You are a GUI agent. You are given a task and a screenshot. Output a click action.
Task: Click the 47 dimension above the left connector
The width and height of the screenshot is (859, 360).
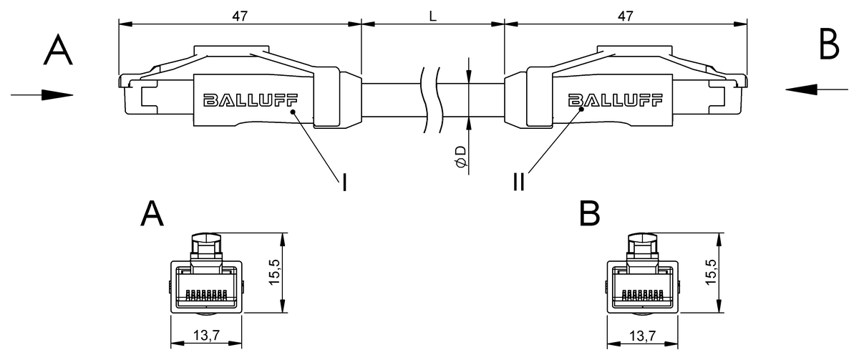[241, 16]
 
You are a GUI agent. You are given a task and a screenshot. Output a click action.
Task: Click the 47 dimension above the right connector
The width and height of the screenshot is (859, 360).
[625, 16]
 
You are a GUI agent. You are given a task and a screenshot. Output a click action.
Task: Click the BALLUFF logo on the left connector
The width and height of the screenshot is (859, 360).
[250, 100]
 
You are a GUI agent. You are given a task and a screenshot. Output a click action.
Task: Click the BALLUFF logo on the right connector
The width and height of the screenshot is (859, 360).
[613, 100]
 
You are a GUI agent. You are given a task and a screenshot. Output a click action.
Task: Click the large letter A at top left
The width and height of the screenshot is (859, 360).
[58, 50]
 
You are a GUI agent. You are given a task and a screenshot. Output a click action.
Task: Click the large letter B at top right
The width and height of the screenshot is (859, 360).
[828, 47]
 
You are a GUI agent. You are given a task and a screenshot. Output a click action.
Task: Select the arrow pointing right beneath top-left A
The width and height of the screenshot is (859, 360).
[42, 94]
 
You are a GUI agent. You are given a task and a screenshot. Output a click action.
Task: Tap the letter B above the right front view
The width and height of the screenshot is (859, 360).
[588, 213]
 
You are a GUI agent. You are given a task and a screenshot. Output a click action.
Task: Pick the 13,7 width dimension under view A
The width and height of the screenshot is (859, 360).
[206, 336]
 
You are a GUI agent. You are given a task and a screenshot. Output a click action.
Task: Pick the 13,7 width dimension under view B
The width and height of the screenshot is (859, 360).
[642, 336]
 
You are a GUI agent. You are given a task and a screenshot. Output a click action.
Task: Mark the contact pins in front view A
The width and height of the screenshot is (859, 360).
[206, 293]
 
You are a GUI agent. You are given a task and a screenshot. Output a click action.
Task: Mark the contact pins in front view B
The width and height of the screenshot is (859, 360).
[642, 293]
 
